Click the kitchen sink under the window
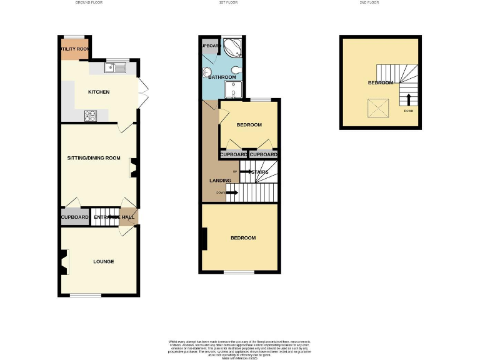[x=117, y=67]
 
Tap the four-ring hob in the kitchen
[x=89, y=115]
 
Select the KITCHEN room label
[x=99, y=92]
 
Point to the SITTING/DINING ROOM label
[x=94, y=158]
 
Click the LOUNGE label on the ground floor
[x=103, y=261]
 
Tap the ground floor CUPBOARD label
[x=75, y=217]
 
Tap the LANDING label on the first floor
[x=219, y=181]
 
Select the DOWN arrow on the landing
[x=231, y=192]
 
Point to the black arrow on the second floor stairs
[x=409, y=99]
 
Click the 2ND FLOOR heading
[x=369, y=2]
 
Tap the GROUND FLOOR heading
[x=88, y=2]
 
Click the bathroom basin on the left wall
[x=207, y=72]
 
